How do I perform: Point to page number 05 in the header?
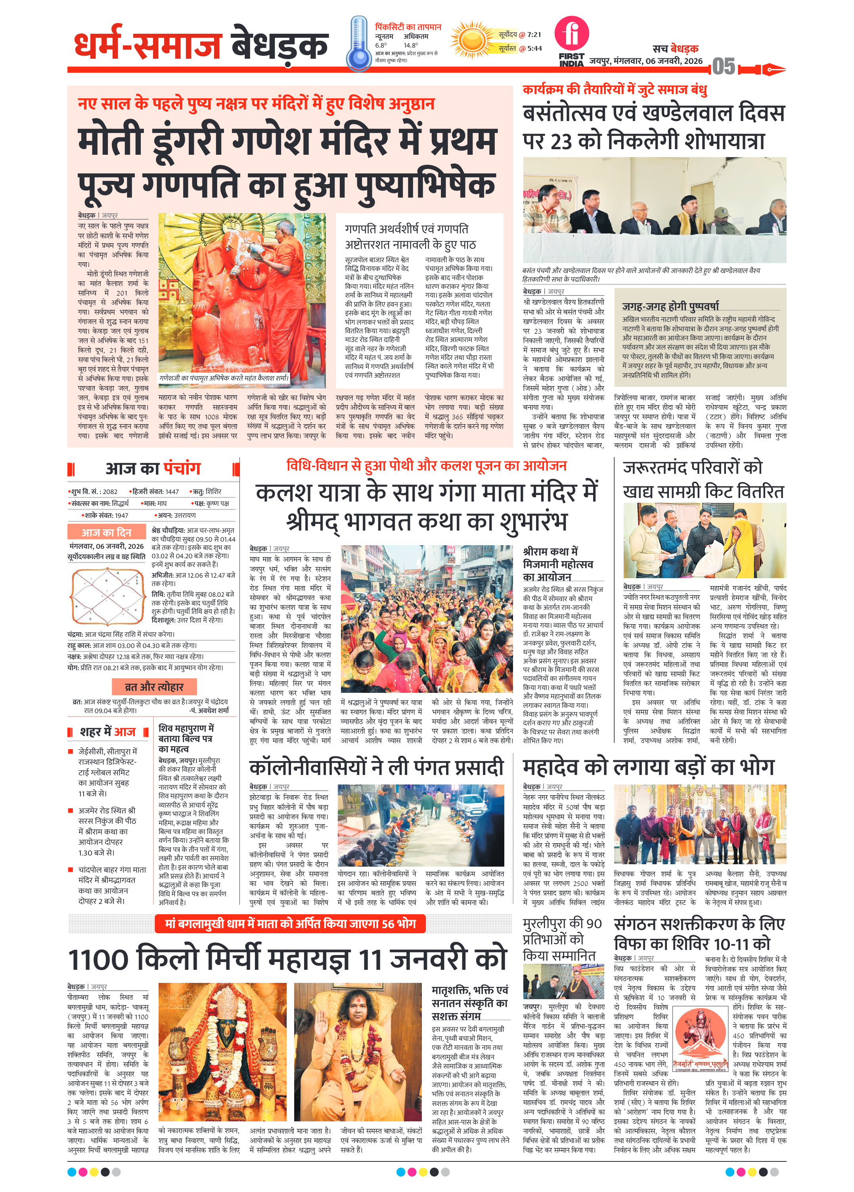(x=723, y=67)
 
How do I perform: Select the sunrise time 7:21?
(x=534, y=35)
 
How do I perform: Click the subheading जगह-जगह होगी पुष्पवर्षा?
(x=670, y=306)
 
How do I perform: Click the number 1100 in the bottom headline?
(x=100, y=960)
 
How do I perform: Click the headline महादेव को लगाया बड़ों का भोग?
(x=648, y=767)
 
